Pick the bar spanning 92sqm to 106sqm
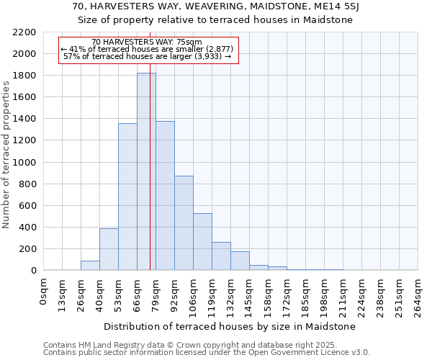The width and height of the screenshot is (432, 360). [x=184, y=223]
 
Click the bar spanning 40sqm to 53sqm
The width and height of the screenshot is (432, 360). [x=109, y=249]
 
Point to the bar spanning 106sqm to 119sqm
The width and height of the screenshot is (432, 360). [x=202, y=242]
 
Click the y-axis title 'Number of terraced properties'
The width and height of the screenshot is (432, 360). [x=6, y=155]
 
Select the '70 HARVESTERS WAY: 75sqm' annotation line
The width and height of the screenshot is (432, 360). [x=148, y=42]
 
